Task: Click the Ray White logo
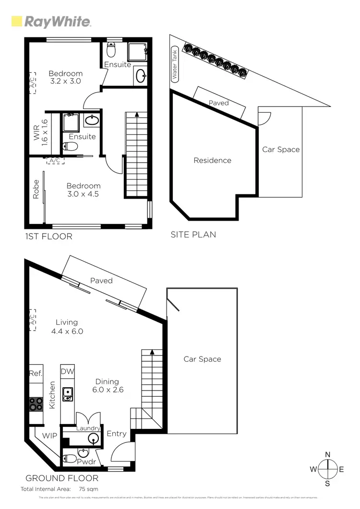[x=51, y=22]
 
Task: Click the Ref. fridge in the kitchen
[x=36, y=373]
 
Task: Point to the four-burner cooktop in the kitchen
[x=36, y=404]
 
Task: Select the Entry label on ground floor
[x=117, y=434]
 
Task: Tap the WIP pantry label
[x=50, y=436]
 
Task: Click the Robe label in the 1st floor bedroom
[x=36, y=189]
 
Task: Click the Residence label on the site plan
[x=212, y=160]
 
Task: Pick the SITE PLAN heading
[x=193, y=235]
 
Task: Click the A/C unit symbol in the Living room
[x=32, y=320]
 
